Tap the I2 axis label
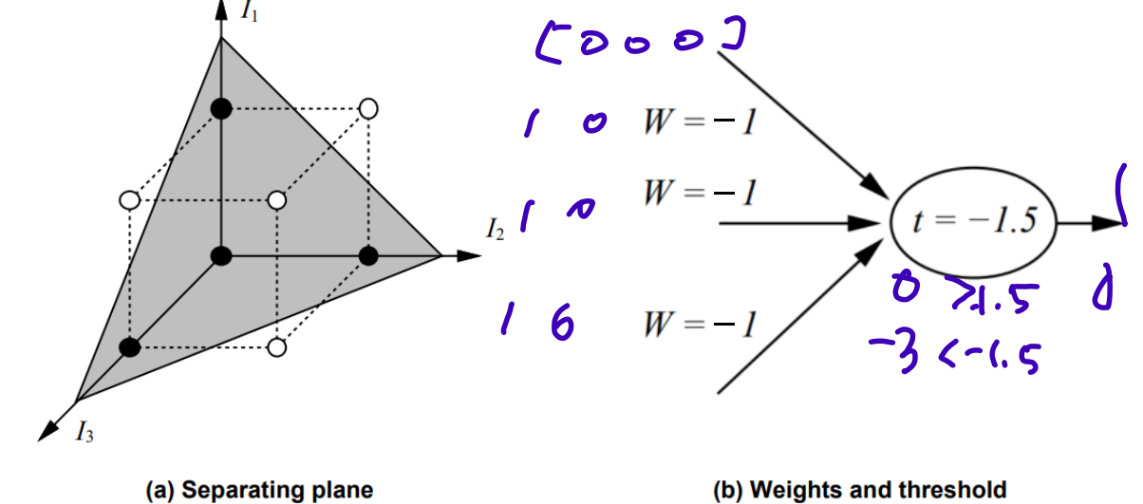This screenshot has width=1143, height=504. pos(496,230)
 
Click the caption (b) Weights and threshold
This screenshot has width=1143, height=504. pos(859,491)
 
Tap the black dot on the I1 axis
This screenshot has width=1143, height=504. pos(221,109)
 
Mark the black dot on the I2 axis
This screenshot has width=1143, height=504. pos(369,254)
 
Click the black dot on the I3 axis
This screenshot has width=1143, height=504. pos(130,347)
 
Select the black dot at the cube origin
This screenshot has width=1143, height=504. pos(221,254)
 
